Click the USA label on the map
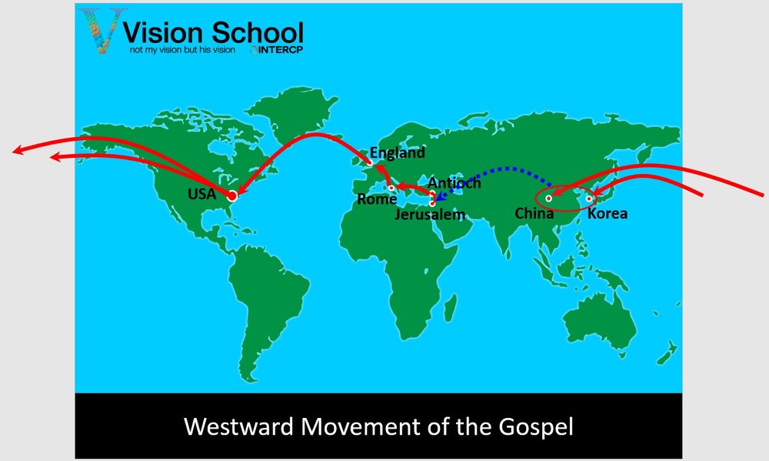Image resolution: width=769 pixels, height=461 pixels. [201, 194]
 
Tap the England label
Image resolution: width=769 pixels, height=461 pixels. [398, 153]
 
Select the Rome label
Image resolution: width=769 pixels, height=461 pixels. [377, 199]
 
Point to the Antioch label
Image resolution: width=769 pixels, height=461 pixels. [454, 182]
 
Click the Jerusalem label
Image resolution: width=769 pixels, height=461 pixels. [430, 215]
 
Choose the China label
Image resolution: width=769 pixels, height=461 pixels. [534, 213]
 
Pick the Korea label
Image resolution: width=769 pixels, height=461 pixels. [608, 213]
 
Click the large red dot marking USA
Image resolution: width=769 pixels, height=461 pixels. [232, 196]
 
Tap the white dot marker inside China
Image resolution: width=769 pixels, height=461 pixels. [548, 199]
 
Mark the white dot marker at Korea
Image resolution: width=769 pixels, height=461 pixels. [588, 199]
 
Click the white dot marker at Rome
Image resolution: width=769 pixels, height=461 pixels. [391, 188]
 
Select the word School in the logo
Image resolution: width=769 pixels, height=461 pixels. [258, 32]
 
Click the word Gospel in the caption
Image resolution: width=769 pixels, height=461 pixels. [536, 427]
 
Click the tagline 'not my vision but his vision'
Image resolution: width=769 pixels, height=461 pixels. [182, 49]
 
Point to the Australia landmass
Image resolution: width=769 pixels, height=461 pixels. [599, 319]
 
